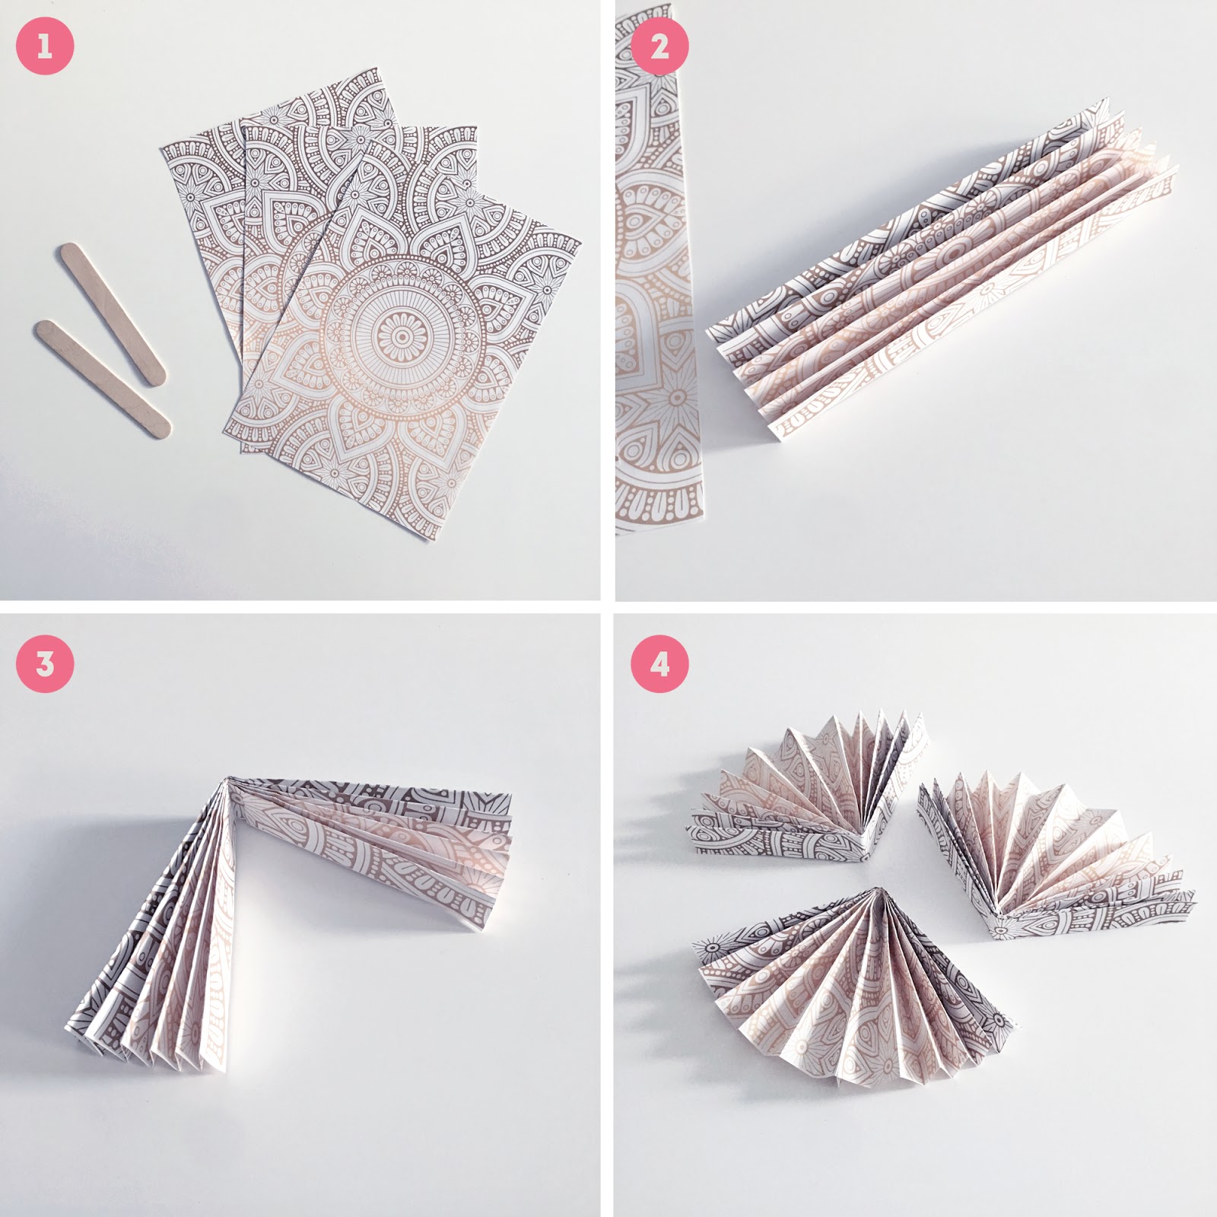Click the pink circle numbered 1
[x=45, y=46]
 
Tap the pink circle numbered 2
[x=660, y=46]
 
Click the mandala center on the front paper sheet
[x=399, y=338]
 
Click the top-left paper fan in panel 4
[x=806, y=791]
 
